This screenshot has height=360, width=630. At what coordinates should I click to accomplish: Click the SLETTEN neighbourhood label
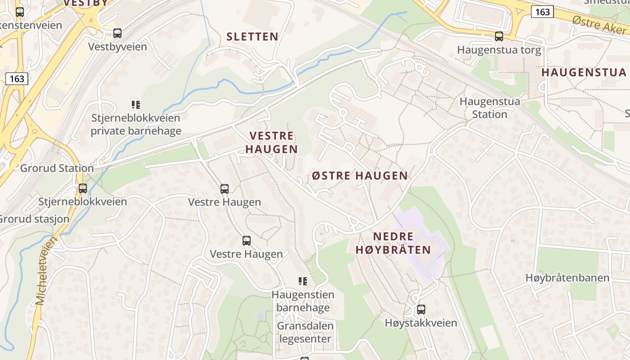click(252, 37)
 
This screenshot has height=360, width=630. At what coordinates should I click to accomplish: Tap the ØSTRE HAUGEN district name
click(360, 175)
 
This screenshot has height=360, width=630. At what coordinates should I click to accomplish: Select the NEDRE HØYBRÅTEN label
click(393, 243)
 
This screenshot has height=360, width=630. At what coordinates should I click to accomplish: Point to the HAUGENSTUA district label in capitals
click(584, 72)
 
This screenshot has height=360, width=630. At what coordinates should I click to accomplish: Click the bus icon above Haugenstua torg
click(499, 36)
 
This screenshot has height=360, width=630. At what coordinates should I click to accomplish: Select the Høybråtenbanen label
click(567, 278)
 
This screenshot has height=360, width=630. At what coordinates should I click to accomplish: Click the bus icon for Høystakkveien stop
click(421, 310)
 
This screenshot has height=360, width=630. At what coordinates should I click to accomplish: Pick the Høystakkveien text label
click(421, 323)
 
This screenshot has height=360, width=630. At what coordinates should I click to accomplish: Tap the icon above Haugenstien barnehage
click(303, 281)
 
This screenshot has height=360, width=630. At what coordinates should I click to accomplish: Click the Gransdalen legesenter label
click(305, 332)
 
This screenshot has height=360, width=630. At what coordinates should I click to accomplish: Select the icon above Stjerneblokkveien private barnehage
click(135, 105)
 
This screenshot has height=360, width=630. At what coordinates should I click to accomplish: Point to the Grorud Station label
click(57, 168)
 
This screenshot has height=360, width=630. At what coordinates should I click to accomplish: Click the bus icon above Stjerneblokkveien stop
click(83, 189)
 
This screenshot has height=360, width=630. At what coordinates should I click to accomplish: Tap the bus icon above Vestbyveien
click(117, 33)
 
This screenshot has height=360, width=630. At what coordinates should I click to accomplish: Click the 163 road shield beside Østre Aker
click(542, 12)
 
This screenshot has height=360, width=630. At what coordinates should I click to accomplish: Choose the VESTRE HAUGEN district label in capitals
click(271, 142)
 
